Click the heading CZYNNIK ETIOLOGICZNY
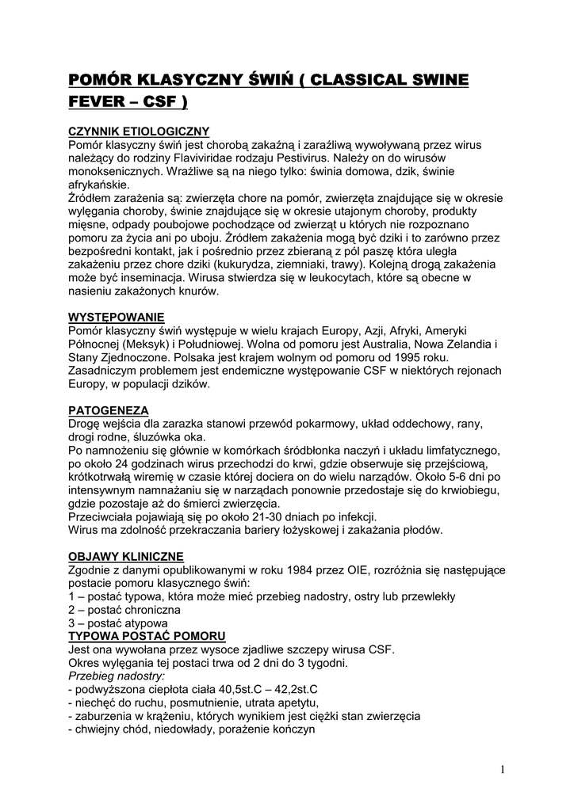[x=138, y=131]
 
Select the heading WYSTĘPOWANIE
[x=117, y=318]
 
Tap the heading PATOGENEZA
[x=109, y=410]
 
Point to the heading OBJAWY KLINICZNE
[x=126, y=556]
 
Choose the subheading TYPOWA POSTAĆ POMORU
[x=147, y=637]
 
